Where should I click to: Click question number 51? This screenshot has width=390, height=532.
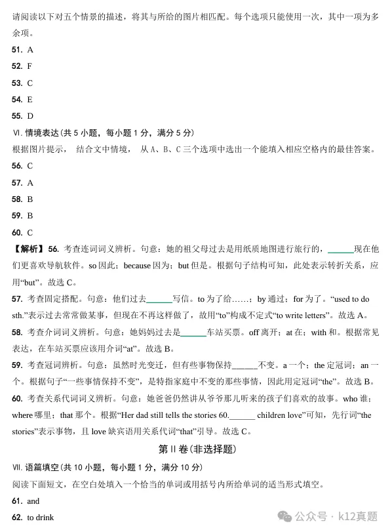click(17, 50)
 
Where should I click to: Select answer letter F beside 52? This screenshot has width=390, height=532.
click(29, 66)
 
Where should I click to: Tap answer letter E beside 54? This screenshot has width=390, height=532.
click(29, 100)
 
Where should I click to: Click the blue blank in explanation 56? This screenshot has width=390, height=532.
click(340, 249)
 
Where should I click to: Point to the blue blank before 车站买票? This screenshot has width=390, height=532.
click(193, 332)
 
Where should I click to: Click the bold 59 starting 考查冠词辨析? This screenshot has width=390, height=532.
click(17, 365)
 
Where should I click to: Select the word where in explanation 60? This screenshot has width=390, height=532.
click(22, 415)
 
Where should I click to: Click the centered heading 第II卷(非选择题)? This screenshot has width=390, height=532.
click(195, 449)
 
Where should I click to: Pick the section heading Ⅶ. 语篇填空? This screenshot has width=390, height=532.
click(36, 468)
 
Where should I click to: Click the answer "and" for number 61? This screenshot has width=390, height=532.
click(33, 501)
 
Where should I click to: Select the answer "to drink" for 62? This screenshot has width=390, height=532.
click(40, 518)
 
